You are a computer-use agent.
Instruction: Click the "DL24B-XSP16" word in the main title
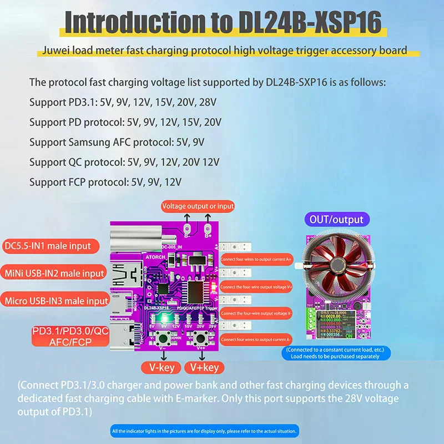coord(310,22)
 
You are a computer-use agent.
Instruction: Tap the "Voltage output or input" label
coord(198,206)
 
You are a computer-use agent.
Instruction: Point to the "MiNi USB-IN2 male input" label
coord(54,273)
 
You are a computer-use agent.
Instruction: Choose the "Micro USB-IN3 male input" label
coord(56,300)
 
